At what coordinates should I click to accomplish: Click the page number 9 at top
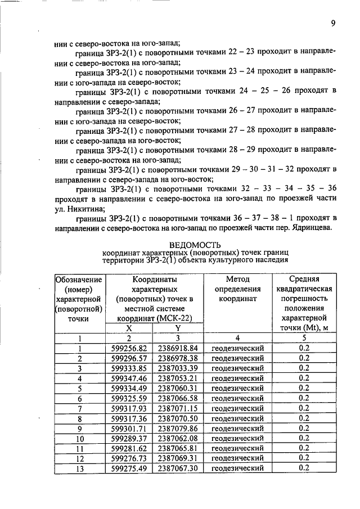pos(333,23)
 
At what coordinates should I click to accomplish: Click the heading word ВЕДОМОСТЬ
pos(195,244)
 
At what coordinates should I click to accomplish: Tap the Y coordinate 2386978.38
pos(177,358)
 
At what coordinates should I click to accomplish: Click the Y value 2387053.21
pos(177,378)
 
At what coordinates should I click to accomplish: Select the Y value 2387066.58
pos(177,398)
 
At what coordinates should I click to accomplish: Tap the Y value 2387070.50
pos(177,418)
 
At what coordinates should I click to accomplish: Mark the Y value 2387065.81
pos(177,448)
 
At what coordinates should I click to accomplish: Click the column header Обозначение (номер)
pos(79,284)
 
